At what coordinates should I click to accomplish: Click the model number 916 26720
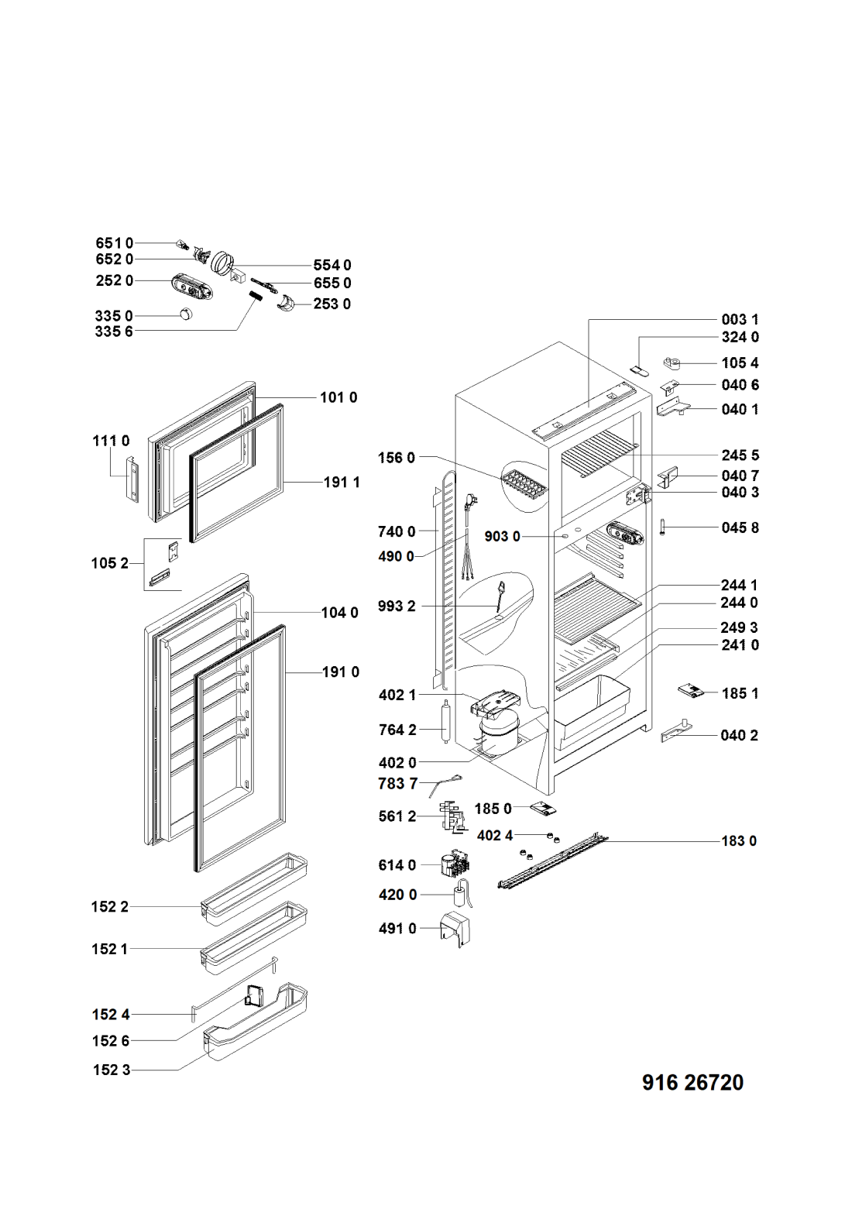pos(692,1082)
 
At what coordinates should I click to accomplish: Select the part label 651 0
pos(114,243)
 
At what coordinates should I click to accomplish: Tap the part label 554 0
pos(332,266)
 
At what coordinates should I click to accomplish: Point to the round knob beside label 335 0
pos(186,314)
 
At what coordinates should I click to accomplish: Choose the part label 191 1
pos(342,482)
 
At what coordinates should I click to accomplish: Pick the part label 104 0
pos(340,613)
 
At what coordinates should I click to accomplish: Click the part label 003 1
pos(740,319)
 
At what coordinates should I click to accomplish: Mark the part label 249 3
pos(739,627)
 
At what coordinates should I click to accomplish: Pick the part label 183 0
pos(739,840)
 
